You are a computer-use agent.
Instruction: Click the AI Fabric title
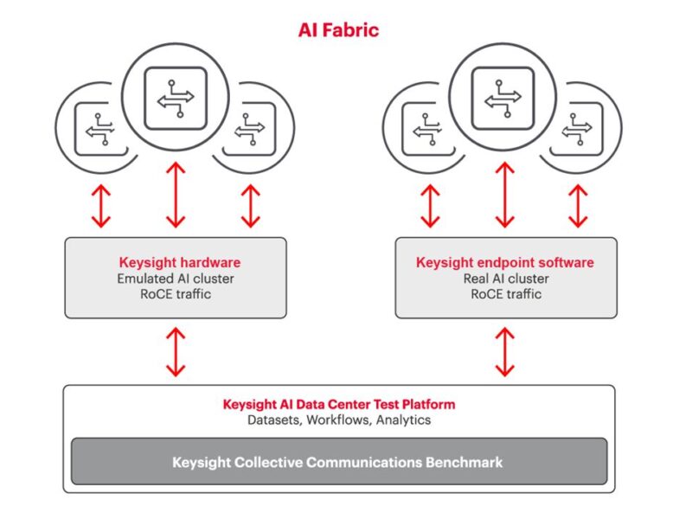[338, 30]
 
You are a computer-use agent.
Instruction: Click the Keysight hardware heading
[179, 262]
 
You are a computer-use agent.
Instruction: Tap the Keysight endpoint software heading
[505, 262]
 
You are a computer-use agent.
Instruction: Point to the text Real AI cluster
[506, 279]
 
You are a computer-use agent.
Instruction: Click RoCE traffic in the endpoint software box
[506, 294]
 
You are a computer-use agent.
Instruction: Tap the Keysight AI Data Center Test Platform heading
[338, 404]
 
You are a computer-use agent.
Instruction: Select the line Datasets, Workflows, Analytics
[338, 420]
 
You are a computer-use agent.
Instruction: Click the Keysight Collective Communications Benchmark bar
[338, 462]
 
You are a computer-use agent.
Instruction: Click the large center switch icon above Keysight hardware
[176, 99]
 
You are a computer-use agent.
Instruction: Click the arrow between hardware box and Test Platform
[176, 351]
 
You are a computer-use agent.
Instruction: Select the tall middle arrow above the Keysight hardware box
[176, 194]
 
